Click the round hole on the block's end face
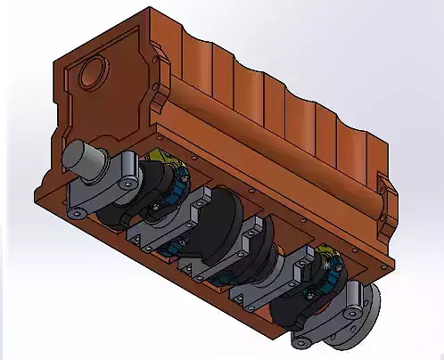pyautogui.click(x=93, y=69)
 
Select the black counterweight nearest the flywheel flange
pyautogui.click(x=294, y=299)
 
